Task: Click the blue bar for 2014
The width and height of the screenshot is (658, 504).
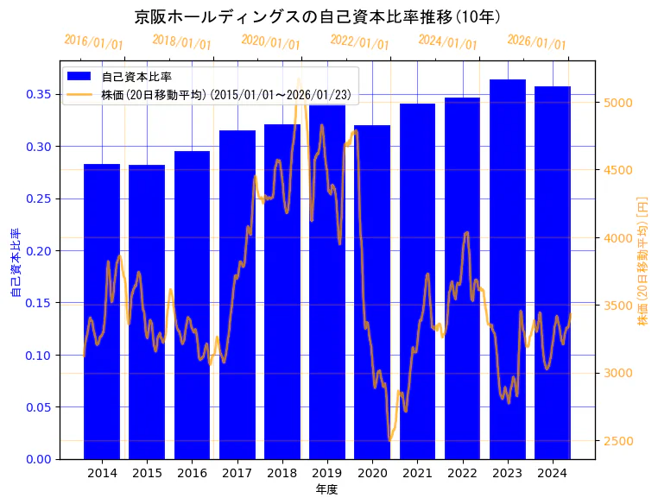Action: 102,311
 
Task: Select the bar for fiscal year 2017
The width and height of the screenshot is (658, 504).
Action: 237,294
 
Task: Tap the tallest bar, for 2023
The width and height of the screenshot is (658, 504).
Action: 507,268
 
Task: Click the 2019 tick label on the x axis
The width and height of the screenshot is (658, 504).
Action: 327,473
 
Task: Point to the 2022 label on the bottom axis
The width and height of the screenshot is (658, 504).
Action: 462,473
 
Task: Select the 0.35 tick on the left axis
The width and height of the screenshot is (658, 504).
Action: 38,94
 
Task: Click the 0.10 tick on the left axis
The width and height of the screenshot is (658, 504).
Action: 38,355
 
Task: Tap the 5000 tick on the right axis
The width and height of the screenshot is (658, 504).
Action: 619,103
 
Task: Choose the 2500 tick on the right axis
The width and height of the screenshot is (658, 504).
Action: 619,441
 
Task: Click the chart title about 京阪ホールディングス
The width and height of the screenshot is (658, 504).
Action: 318,16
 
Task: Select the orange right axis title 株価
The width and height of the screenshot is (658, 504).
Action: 642,261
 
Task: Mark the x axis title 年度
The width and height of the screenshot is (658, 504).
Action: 326,489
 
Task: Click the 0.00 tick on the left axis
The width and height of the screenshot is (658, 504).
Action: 38,459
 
